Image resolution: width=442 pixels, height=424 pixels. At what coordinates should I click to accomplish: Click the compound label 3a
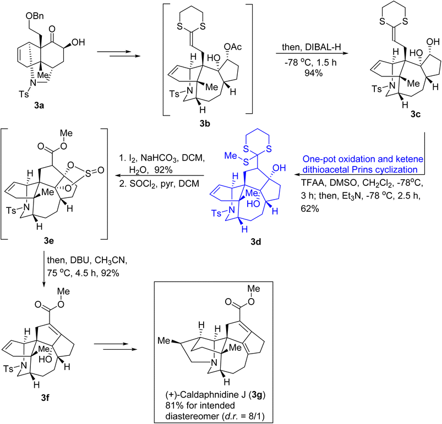click(x=40, y=106)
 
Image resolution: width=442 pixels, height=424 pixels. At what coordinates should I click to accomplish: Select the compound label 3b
click(x=205, y=123)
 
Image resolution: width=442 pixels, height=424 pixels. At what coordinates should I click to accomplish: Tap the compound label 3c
click(x=416, y=114)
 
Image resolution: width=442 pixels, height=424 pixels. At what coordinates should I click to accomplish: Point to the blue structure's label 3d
click(x=256, y=241)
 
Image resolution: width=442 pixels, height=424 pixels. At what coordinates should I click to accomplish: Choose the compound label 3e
click(x=49, y=241)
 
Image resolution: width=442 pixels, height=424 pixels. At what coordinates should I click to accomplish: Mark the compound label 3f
click(x=45, y=398)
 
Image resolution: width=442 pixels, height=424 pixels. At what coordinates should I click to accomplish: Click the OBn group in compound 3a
click(x=35, y=16)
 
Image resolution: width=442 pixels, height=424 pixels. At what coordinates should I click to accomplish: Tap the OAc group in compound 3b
click(x=233, y=47)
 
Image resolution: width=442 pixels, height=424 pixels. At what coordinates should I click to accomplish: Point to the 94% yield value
click(x=313, y=73)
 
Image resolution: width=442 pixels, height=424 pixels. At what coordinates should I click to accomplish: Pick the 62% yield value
click(x=310, y=208)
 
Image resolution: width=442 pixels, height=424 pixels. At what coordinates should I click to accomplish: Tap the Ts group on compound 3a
click(x=24, y=93)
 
